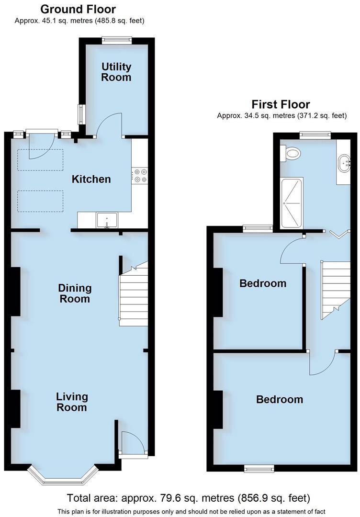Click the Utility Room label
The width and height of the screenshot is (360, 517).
[x=116, y=72]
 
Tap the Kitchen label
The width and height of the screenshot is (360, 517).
[x=91, y=179]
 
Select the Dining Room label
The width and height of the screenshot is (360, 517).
[x=75, y=293]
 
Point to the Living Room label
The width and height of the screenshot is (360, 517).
[x=72, y=402]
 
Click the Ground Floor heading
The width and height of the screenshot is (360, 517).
[x=78, y=9]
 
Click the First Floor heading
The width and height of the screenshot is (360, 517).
[x=281, y=104]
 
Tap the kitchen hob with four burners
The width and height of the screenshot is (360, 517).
[x=140, y=175]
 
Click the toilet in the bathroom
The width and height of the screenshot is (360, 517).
[x=292, y=153]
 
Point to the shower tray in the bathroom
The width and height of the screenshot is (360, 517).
[x=292, y=203]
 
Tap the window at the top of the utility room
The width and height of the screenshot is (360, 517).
[x=117, y=41]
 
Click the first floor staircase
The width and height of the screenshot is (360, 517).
[x=336, y=290]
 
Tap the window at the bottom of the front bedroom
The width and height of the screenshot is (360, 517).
[x=259, y=468]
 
